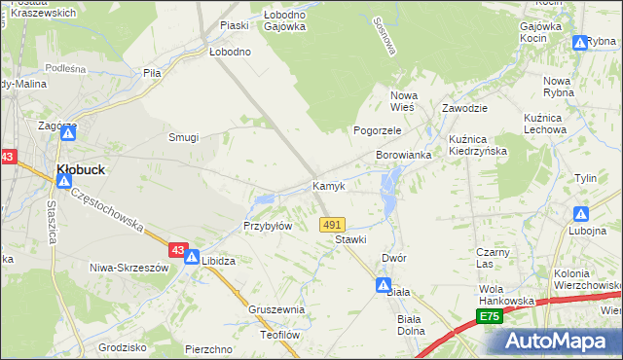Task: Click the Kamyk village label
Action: coord(328,186)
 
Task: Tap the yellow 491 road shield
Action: coord(332,224)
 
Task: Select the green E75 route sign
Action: coord(489,317)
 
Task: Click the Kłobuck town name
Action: coord(81,168)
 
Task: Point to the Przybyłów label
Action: coord(268,226)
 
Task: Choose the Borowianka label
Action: coord(404,156)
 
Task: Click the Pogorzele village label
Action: coord(377,130)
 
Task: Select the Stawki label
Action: coord(350,239)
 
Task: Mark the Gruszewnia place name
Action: coord(276,310)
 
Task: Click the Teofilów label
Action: coord(278,334)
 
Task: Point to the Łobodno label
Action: coord(230,52)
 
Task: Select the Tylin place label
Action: coord(585,179)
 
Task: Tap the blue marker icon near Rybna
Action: coord(580,42)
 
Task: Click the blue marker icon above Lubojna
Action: coord(581,213)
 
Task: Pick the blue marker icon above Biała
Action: coord(385,284)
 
